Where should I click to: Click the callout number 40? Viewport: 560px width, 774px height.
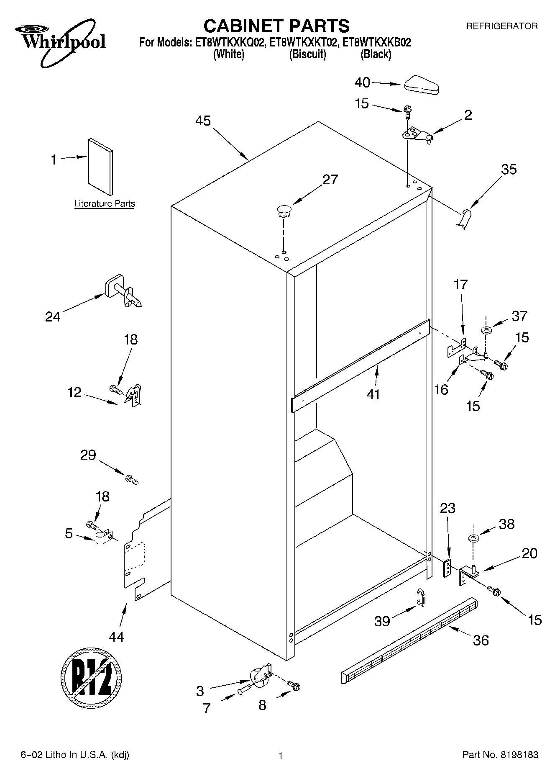(362, 83)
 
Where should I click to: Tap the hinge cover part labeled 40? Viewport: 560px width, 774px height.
(421, 85)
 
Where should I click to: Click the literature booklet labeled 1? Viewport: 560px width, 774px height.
(100, 167)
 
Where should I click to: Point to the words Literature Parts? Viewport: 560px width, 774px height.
(105, 204)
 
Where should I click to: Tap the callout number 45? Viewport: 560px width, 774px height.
(203, 121)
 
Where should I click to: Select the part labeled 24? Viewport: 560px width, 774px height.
(123, 291)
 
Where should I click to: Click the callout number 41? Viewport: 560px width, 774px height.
(373, 394)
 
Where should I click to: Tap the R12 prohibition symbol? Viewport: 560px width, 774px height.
(92, 677)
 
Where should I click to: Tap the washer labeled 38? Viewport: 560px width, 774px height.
(473, 538)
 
